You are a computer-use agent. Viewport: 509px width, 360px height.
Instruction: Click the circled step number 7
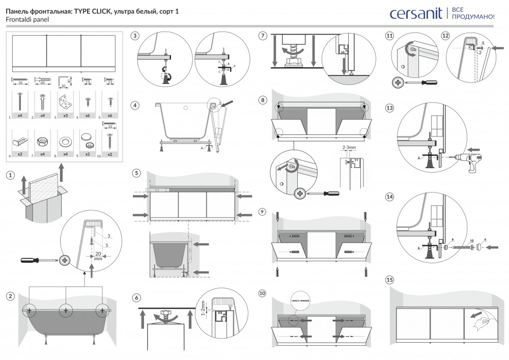point(263,36)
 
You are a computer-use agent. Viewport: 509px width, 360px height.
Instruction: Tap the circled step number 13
point(390,108)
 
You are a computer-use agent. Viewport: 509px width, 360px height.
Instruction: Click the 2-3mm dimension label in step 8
point(349,147)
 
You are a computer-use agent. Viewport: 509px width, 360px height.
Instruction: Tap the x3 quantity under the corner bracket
point(65,116)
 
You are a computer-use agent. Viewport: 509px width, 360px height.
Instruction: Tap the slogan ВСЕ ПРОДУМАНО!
point(472,13)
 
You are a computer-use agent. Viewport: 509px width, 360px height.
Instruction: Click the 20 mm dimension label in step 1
point(98,255)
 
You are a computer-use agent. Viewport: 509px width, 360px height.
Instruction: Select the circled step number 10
point(263,293)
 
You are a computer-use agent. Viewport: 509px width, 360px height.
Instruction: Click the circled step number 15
point(390,280)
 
